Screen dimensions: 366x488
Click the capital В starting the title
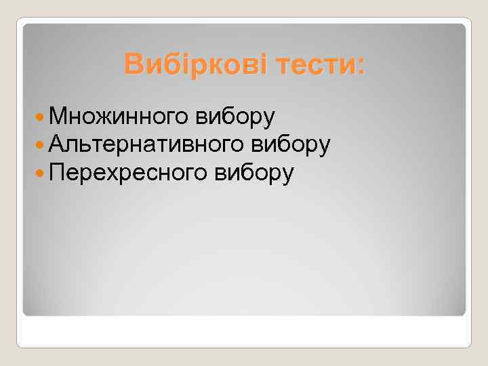133,65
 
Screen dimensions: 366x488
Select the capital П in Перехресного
56,173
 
